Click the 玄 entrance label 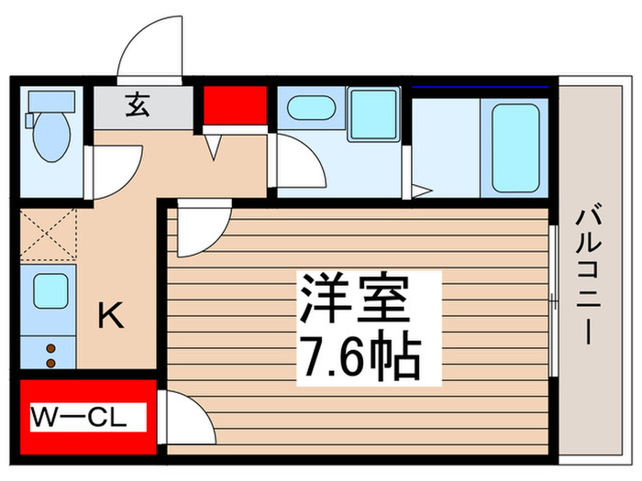[x=137, y=106]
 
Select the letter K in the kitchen [x=110, y=317]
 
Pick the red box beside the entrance [x=235, y=105]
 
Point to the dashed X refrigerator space [x=49, y=236]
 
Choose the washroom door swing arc [x=299, y=163]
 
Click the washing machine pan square [x=372, y=114]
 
